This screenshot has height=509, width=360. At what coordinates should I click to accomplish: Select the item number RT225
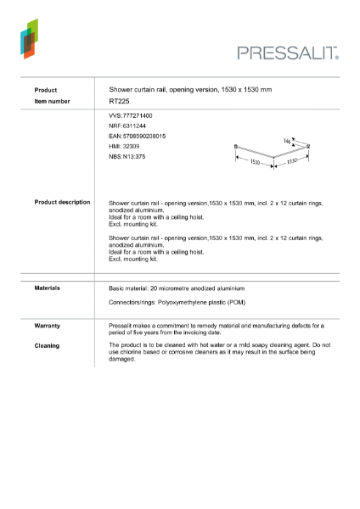119,101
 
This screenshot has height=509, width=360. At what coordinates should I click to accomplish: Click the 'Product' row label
46,89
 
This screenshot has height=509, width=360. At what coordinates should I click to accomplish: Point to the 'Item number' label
53,101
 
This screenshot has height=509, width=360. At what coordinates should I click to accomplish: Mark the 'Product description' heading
62,203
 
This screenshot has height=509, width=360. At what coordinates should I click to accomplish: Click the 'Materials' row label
47,288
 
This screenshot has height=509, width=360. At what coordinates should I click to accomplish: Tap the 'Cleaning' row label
47,345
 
